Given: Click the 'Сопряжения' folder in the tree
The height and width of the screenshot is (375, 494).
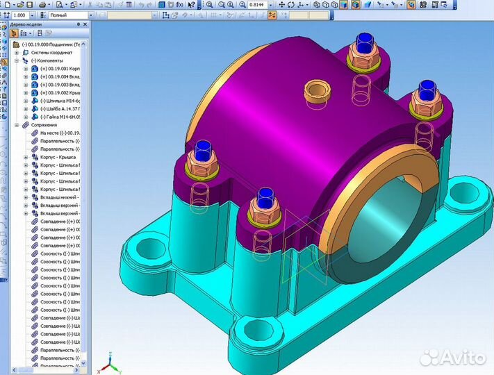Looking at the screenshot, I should click(x=53, y=125).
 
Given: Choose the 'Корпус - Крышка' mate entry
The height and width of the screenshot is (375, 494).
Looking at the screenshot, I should click(x=59, y=158).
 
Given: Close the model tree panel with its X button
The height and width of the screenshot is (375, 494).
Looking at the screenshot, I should click(x=88, y=24).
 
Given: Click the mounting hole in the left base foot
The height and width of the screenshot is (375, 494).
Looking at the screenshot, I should click(x=148, y=247).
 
